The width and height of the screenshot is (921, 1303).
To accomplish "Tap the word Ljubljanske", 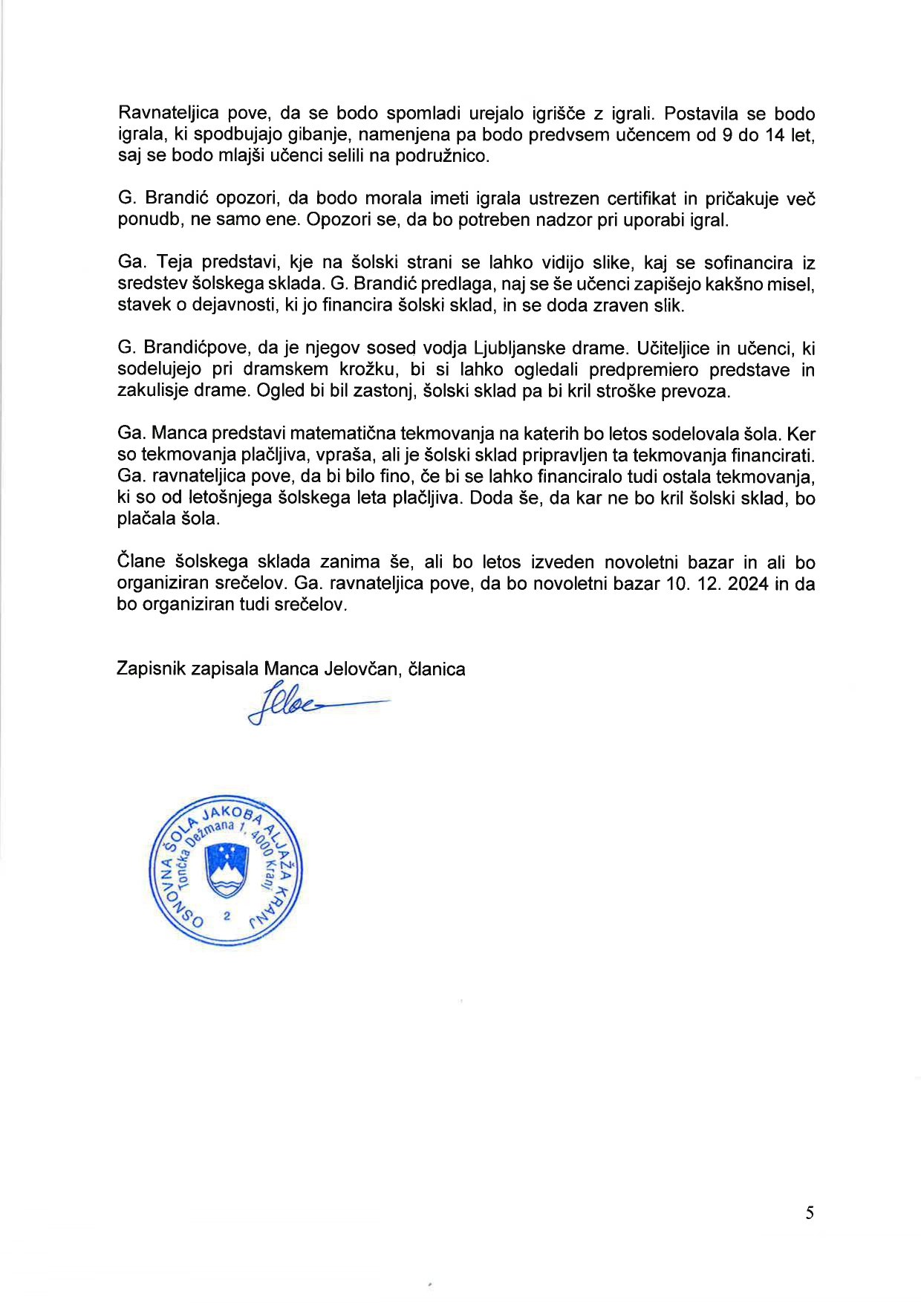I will pyautogui.click(x=521, y=348).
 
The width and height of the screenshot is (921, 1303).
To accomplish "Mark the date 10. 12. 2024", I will pyautogui.click(x=717, y=584).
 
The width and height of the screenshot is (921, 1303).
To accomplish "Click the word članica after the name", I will pyautogui.click(x=437, y=669).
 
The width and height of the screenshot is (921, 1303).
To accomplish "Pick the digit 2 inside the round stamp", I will pyautogui.click(x=227, y=916).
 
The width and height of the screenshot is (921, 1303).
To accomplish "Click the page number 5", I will pyautogui.click(x=810, y=1213).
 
